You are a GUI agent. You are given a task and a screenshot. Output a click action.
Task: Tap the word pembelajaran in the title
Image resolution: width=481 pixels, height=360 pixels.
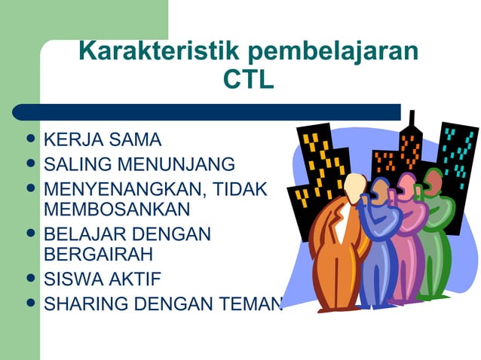pyautogui.click(x=335, y=51)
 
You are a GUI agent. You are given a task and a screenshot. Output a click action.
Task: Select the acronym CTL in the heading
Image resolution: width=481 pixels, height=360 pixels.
pyautogui.click(x=248, y=78)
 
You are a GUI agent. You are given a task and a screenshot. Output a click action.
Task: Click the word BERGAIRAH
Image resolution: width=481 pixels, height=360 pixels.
pyautogui.click(x=100, y=253)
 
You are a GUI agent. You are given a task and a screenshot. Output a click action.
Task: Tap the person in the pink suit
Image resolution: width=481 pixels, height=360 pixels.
pyautogui.click(x=408, y=233)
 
